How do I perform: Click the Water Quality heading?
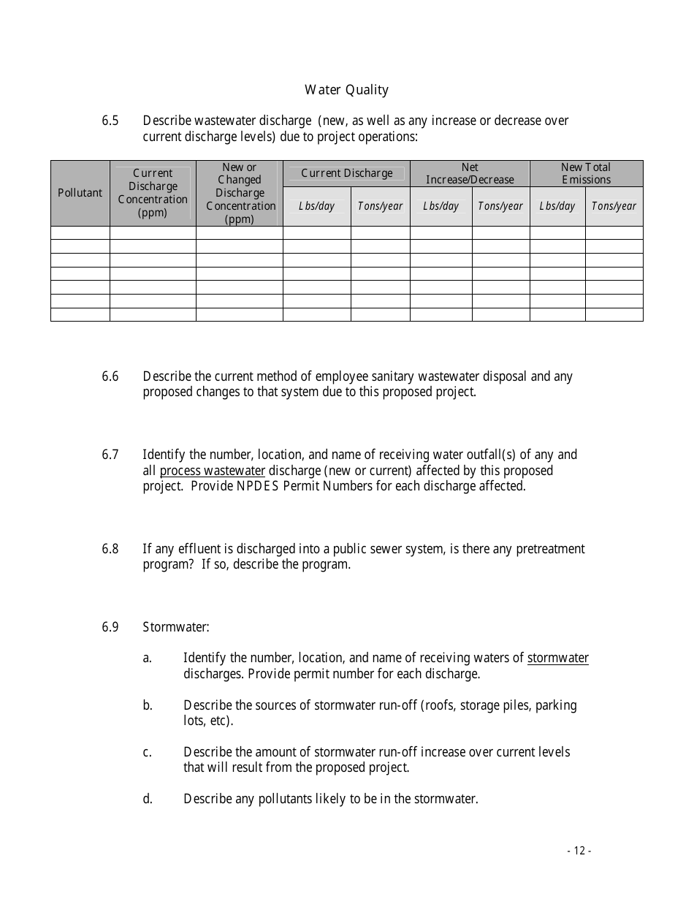click(x=346, y=90)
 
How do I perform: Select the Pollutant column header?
click(x=80, y=193)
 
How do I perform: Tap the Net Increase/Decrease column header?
click(x=470, y=173)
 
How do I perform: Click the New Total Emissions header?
click(x=586, y=173)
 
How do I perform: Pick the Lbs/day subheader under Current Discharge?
click(x=316, y=206)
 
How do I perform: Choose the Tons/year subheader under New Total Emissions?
click(x=614, y=206)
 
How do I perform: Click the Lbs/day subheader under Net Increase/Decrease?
click(x=441, y=206)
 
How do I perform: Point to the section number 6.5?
click(x=110, y=121)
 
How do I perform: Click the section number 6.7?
click(x=110, y=455)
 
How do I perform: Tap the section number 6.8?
click(x=110, y=549)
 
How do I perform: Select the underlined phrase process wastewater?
click(x=212, y=471)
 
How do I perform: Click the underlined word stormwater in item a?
click(x=557, y=658)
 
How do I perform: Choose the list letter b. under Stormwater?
click(x=148, y=705)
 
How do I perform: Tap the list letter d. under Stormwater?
click(x=148, y=799)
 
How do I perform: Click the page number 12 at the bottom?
click(x=579, y=851)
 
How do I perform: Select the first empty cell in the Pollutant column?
click(x=80, y=233)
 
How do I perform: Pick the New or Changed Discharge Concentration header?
click(x=240, y=193)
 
